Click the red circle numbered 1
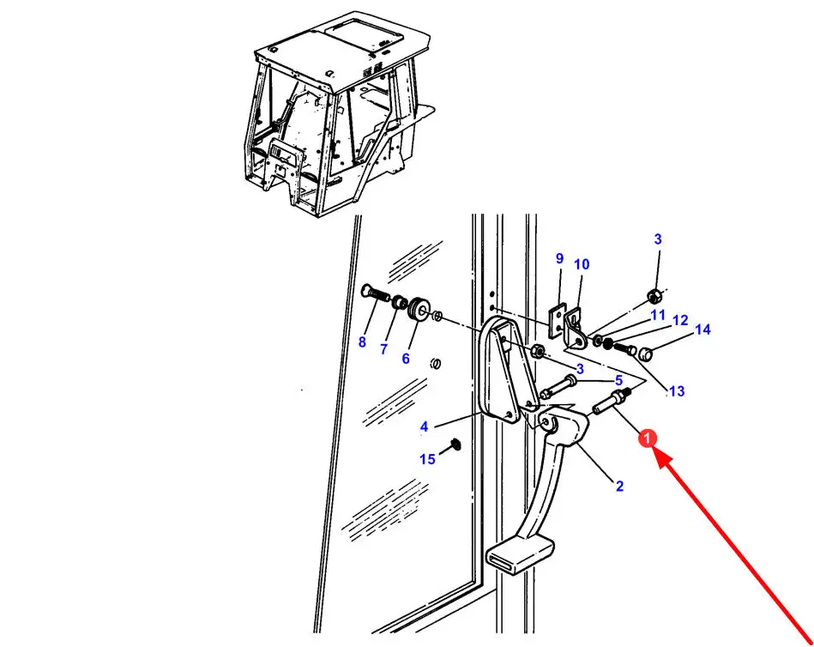pyautogui.click(x=649, y=438)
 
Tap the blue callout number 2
pyautogui.click(x=619, y=487)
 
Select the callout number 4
pyautogui.click(x=424, y=426)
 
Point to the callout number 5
pyautogui.click(x=618, y=380)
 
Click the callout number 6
pyautogui.click(x=406, y=358)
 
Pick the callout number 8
pyautogui.click(x=362, y=342)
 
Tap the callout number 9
pyautogui.click(x=559, y=258)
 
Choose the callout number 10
pyautogui.click(x=582, y=264)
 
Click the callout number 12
pyautogui.click(x=680, y=321)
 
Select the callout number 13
pyautogui.click(x=677, y=391)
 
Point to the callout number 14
pyautogui.click(x=702, y=330)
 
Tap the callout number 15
pyautogui.click(x=427, y=459)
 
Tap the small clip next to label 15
pyautogui.click(x=454, y=444)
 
